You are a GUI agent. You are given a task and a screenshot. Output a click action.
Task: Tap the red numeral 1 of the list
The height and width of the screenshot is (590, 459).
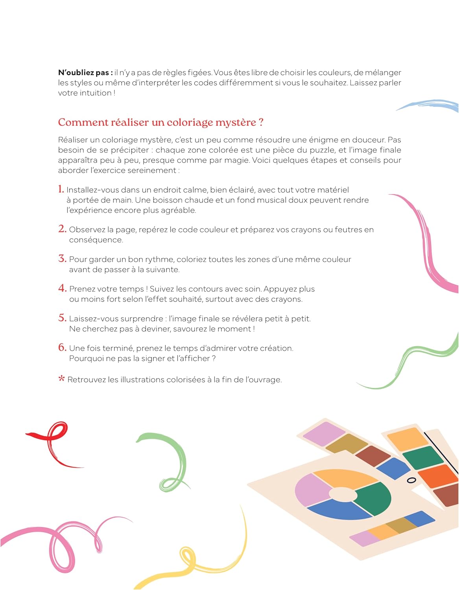click(61, 189)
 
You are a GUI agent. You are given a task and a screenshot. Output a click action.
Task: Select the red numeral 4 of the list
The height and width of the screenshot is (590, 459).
click(62, 288)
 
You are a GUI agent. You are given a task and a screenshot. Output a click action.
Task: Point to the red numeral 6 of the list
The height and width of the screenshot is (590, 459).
click(62, 347)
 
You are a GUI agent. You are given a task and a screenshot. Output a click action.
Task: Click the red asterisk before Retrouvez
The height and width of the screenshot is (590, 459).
click(61, 379)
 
